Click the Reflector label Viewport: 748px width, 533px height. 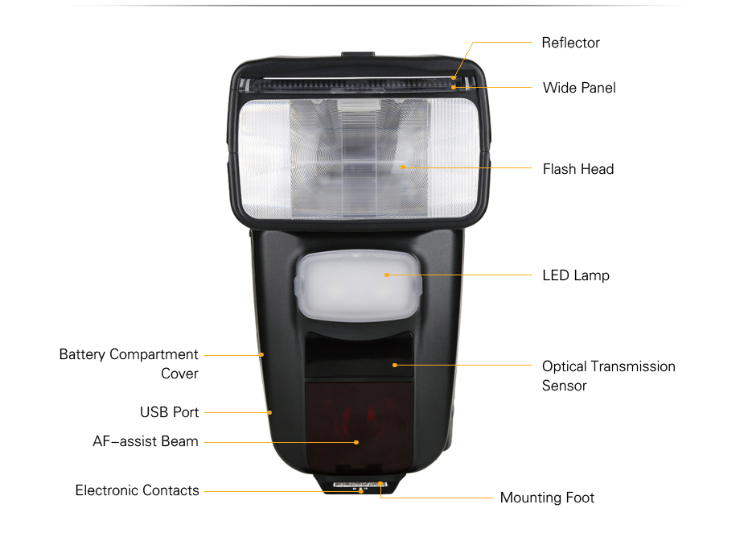[570, 43]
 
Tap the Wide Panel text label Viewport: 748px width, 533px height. [579, 88]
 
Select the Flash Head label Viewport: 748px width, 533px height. [578, 169]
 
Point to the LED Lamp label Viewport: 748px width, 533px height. [576, 275]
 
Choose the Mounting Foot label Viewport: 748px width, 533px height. [547, 498]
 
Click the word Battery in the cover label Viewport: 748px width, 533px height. [82, 354]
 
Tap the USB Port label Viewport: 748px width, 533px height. [170, 412]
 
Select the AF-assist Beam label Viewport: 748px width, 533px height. [146, 441]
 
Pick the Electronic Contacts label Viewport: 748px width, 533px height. [137, 490]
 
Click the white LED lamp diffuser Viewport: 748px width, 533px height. [358, 285]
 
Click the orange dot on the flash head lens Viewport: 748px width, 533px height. [403, 167]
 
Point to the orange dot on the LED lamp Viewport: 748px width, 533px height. [386, 275]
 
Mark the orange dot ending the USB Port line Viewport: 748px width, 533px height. [269, 413]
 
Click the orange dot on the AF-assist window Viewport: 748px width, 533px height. [356, 442]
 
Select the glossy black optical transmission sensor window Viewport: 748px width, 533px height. [360, 355]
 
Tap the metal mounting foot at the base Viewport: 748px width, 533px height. [360, 485]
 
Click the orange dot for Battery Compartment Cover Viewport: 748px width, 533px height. [261, 355]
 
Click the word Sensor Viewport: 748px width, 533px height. [565, 386]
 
